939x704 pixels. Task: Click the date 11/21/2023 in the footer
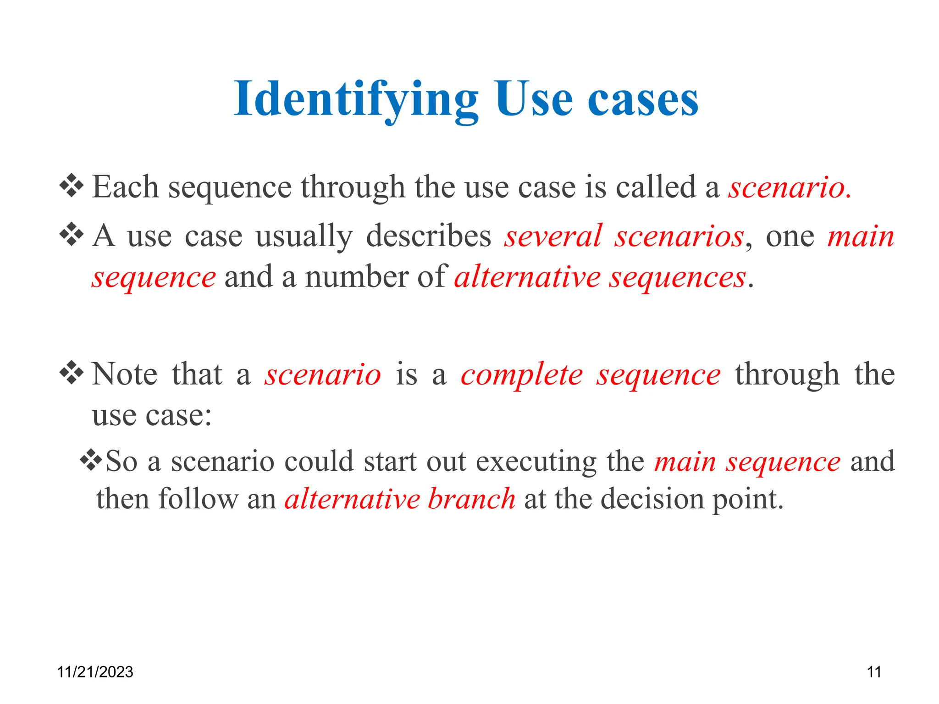(95, 672)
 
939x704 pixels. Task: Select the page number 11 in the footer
(874, 672)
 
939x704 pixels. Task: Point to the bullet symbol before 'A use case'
(72, 234)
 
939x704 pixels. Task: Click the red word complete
(522, 375)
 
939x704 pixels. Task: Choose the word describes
(428, 236)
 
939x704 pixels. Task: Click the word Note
(125, 374)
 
